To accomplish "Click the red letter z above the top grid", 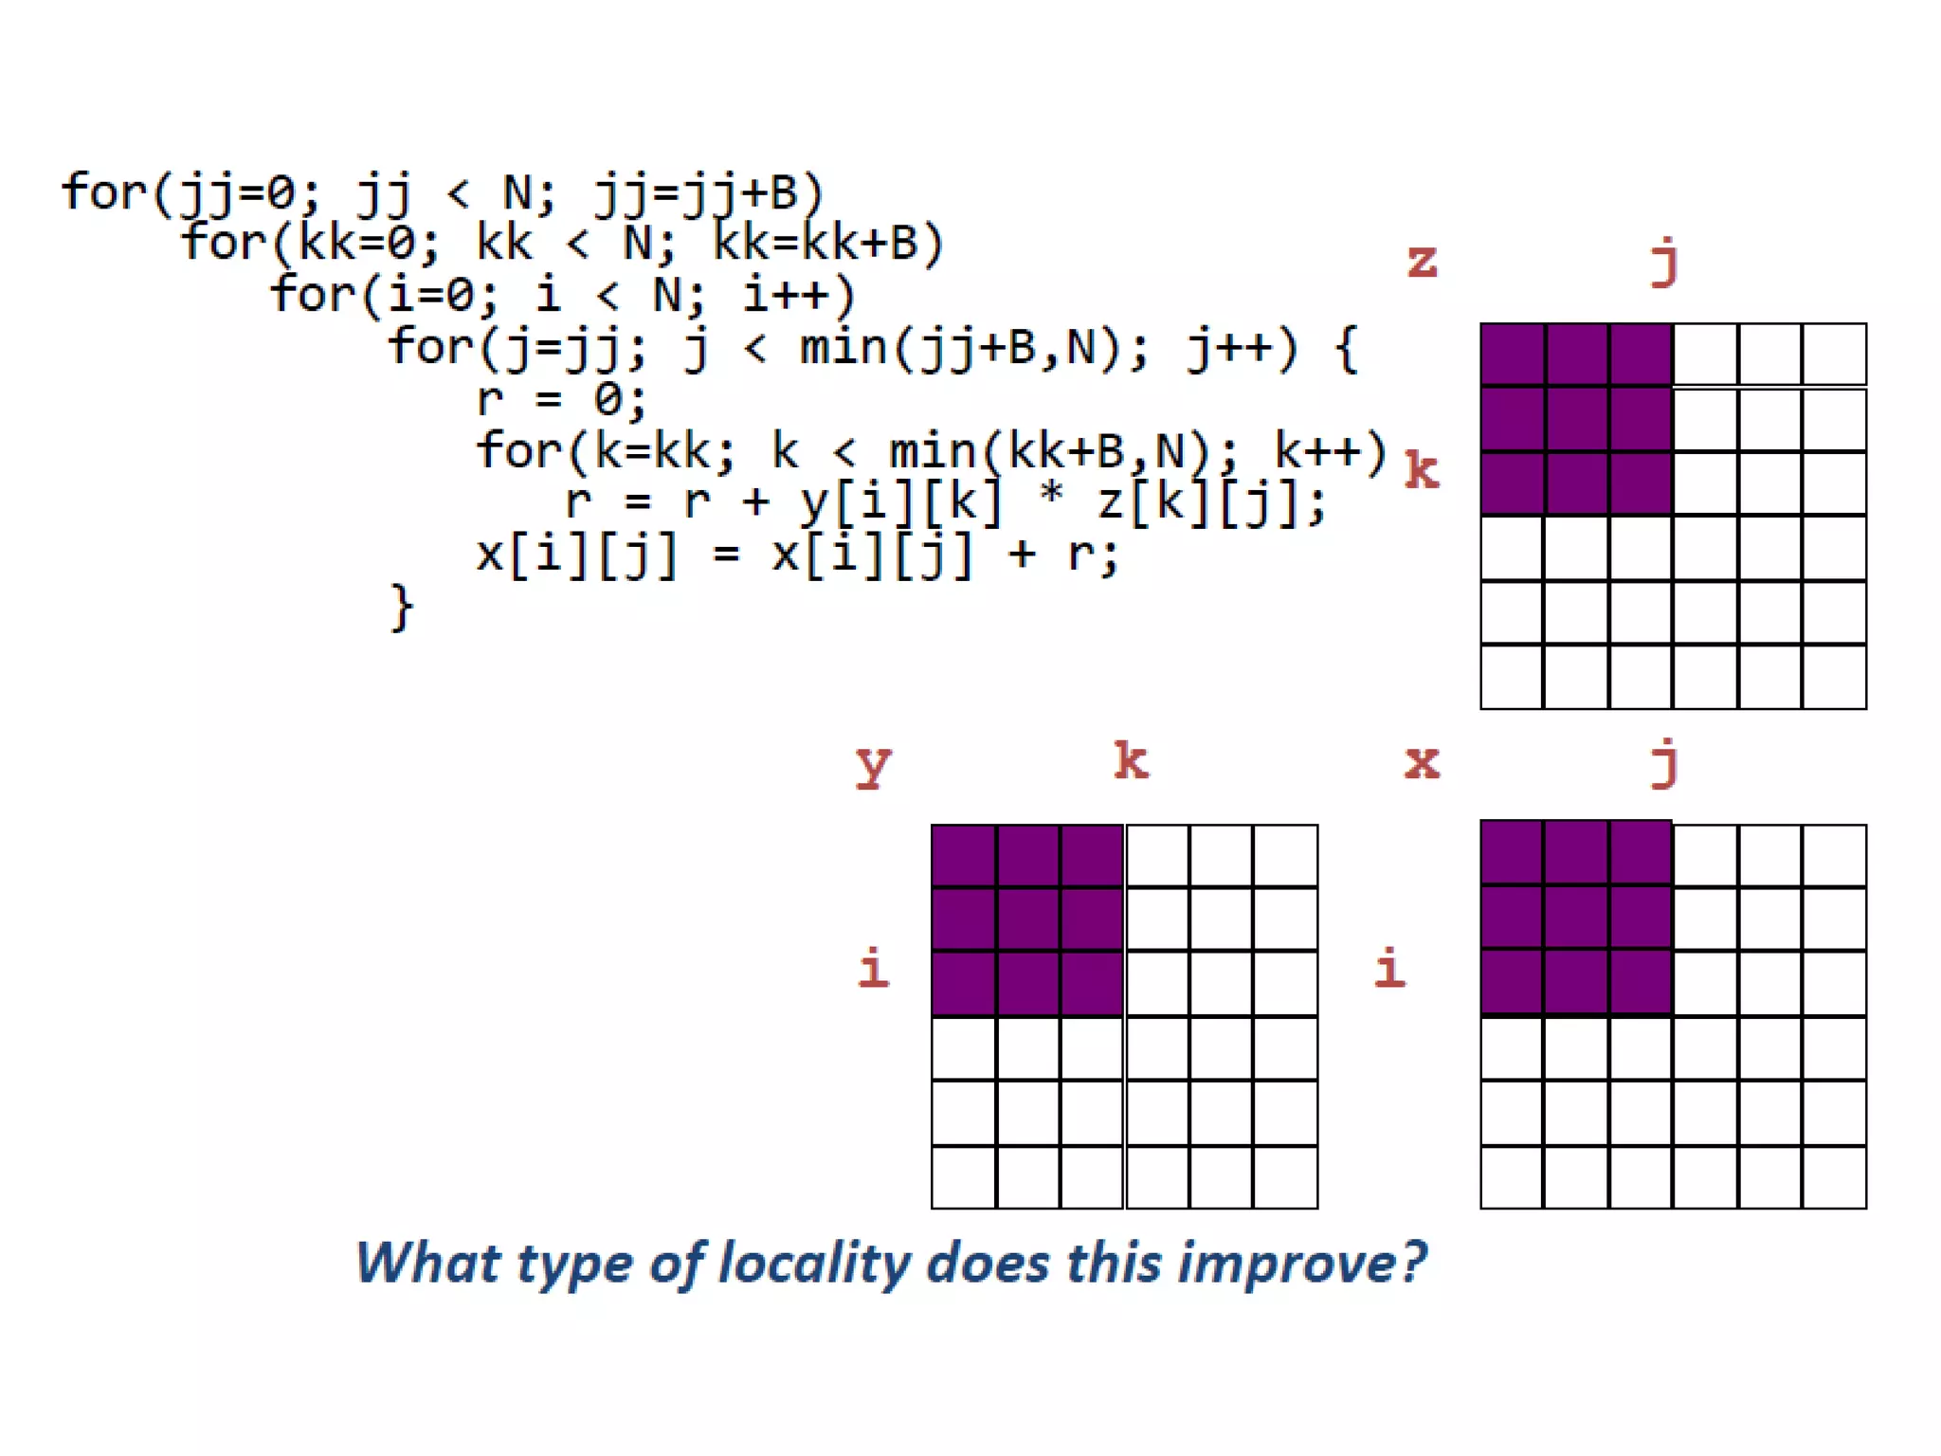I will tap(1422, 261).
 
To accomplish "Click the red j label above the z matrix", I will tap(1665, 263).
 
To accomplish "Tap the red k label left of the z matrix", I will tap(1422, 470).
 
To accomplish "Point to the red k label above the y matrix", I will tap(1131, 760).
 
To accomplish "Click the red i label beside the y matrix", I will tap(873, 968).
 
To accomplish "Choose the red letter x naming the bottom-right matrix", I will tap(1422, 762).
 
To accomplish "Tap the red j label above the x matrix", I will tap(1665, 764).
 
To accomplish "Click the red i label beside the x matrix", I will tap(1389, 968).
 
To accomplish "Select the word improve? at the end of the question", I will tap(1302, 1265).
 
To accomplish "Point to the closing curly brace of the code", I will tap(402, 608).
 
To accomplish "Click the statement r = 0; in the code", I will tap(561, 400).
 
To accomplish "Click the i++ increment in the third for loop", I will tap(796, 296).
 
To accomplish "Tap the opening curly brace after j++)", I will tap(1346, 348).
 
